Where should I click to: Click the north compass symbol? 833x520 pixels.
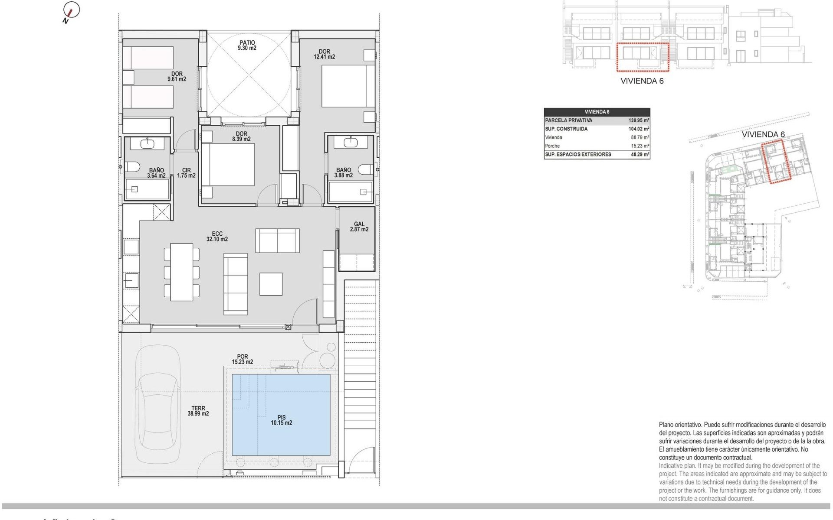(x=71, y=11)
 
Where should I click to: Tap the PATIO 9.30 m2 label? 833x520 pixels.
(x=247, y=45)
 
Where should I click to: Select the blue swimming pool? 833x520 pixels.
(x=281, y=414)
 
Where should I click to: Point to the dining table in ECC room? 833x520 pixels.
(x=181, y=272)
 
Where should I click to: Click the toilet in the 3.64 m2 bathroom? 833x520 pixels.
(x=132, y=167)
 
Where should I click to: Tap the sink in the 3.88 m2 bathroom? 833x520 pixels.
(x=351, y=142)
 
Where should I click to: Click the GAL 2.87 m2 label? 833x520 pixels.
(x=359, y=227)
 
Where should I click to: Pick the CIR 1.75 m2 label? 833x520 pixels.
(x=186, y=173)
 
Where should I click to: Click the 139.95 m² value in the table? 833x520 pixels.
(x=639, y=120)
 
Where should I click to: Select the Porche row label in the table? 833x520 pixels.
(x=552, y=146)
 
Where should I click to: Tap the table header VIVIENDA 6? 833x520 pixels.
(x=597, y=112)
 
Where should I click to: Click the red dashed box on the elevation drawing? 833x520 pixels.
(x=643, y=57)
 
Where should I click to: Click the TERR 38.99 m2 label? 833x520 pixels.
(x=198, y=411)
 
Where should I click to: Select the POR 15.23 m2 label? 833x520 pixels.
(x=242, y=359)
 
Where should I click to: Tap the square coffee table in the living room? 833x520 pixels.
(x=271, y=284)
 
